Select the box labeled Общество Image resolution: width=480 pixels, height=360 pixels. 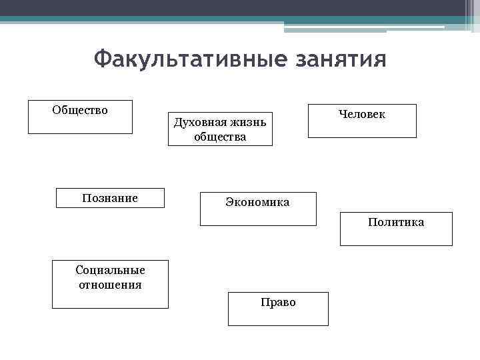tap(80, 117)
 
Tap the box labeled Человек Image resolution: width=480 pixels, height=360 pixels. tap(362, 121)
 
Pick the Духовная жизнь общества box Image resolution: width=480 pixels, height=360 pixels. tap(219, 129)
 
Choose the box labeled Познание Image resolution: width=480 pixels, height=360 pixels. tap(110, 198)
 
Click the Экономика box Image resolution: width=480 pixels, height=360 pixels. tap(258, 209)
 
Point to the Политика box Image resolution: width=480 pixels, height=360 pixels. tap(396, 229)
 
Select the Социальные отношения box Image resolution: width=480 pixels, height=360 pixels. tap(110, 284)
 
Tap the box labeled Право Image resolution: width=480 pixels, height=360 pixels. tap(278, 309)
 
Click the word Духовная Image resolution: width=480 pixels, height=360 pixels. tap(197, 122)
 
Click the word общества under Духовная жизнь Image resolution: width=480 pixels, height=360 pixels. tap(220, 137)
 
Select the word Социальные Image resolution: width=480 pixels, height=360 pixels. tap(111, 270)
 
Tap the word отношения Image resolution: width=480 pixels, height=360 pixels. tap(110, 285)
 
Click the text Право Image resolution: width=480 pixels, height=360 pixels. tap(278, 303)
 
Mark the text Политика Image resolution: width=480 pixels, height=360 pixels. tap(396, 222)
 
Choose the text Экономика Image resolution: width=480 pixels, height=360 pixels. tap(257, 202)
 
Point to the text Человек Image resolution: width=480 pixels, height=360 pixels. tap(362, 115)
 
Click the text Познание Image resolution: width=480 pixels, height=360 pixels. tap(110, 198)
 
